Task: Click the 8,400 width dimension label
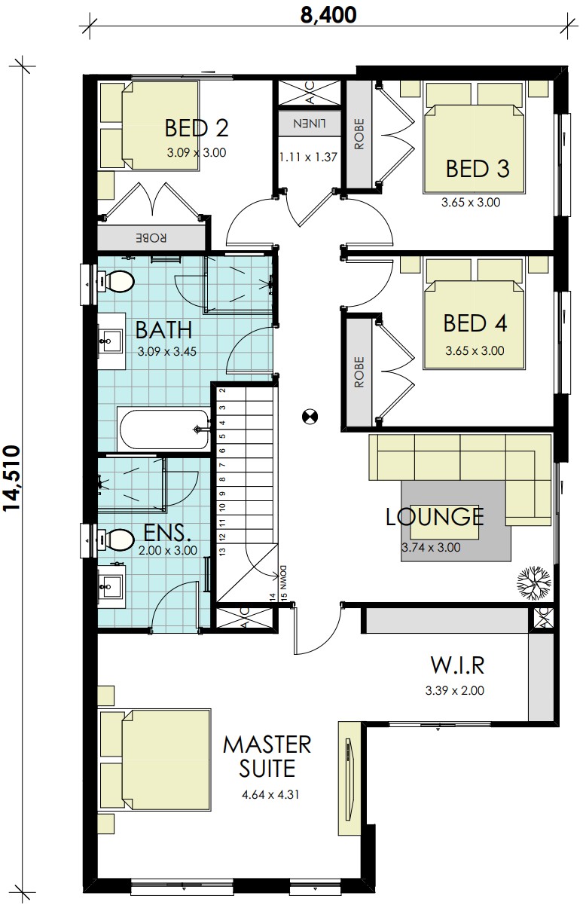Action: pos(328,15)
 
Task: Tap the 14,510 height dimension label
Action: pos(11,478)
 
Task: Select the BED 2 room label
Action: pos(197,127)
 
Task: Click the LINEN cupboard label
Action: pos(310,124)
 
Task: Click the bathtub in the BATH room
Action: pos(163,430)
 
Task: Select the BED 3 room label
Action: pos(478,168)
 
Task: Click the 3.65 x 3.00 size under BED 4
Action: pos(475,350)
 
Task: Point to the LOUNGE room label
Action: pos(435,516)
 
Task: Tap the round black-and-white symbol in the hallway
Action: pos(310,416)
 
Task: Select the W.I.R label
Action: pos(457,665)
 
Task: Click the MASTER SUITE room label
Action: pos(267,757)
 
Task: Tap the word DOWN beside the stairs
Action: pos(282,576)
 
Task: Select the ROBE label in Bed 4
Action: pos(359,372)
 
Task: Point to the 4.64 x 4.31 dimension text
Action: pos(270,803)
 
